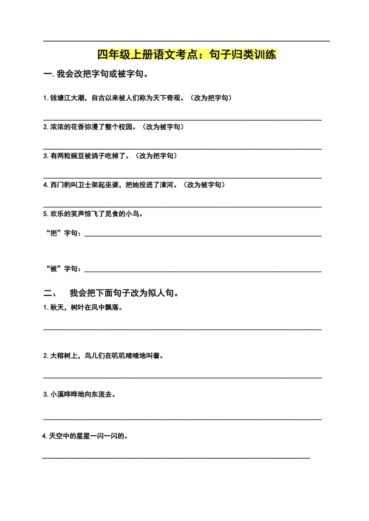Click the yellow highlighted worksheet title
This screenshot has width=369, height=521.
click(187, 55)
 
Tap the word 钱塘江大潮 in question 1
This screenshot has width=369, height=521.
click(67, 98)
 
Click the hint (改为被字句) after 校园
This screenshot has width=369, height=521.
click(163, 127)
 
